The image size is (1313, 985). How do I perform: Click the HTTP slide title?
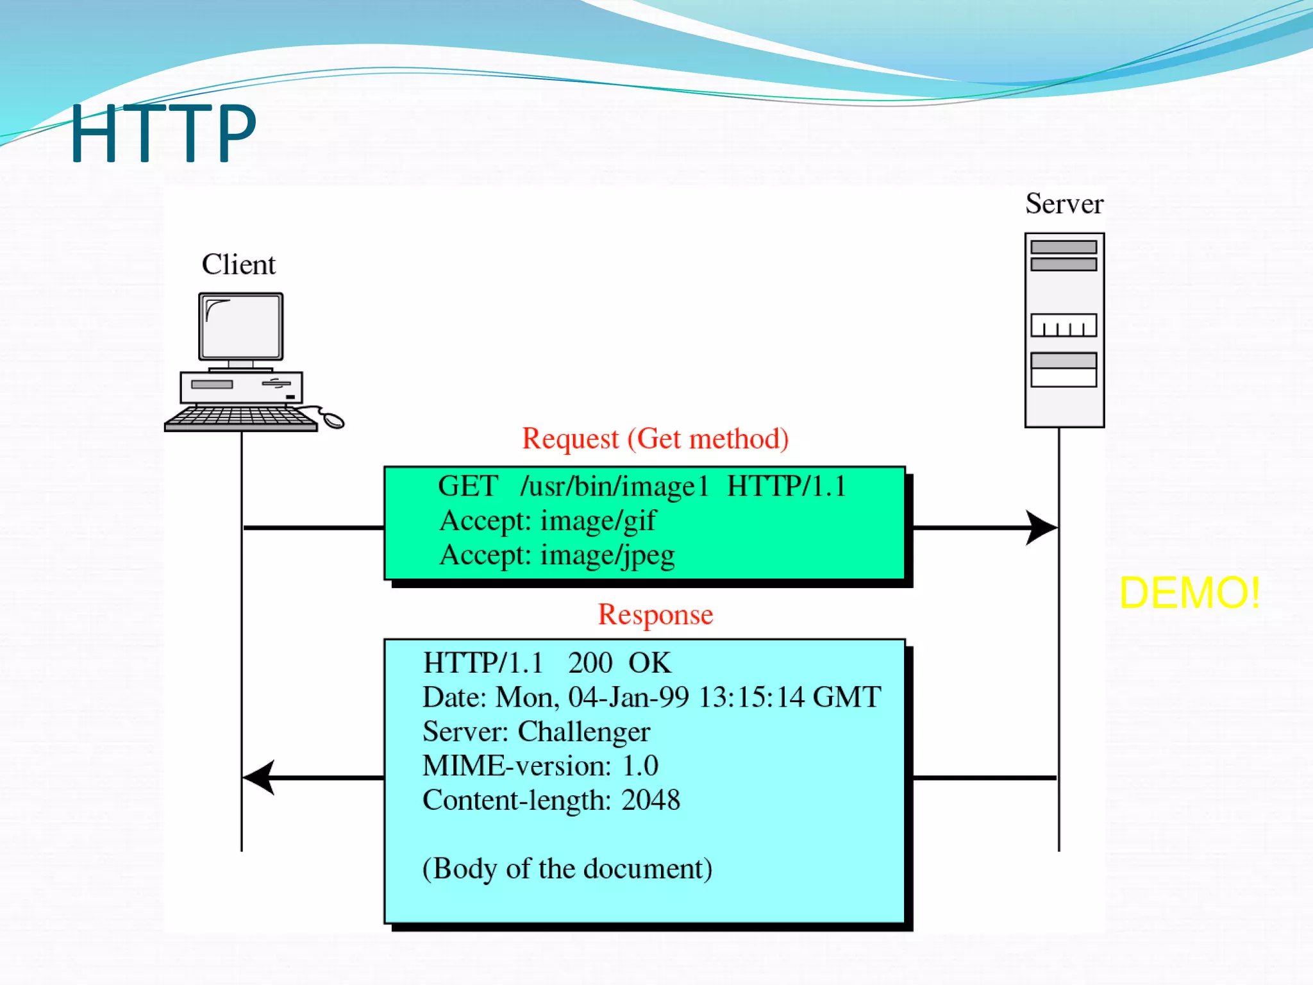click(x=163, y=133)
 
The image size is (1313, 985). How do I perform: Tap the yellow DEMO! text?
click(x=1189, y=593)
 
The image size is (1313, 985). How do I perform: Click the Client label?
click(x=238, y=264)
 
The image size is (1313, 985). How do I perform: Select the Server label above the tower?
click(x=1064, y=204)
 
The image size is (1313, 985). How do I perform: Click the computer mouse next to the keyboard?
click(x=333, y=420)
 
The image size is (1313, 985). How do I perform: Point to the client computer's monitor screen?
click(x=241, y=327)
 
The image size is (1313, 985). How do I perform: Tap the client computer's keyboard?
click(x=240, y=417)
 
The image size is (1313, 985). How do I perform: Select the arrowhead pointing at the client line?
click(x=260, y=777)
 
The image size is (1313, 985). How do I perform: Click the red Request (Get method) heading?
click(x=655, y=439)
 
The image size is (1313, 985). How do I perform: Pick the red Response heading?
click(x=655, y=615)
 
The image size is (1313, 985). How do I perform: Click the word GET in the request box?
click(x=468, y=486)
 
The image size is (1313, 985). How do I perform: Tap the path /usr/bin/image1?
click(x=614, y=487)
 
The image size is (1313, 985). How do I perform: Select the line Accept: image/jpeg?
click(x=556, y=555)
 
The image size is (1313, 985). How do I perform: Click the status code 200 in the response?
click(x=590, y=663)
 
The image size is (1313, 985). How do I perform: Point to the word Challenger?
click(x=583, y=732)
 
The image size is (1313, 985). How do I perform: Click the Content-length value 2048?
click(x=651, y=800)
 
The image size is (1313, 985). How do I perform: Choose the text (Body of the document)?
click(x=567, y=869)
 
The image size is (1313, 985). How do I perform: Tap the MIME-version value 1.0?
click(x=640, y=766)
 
